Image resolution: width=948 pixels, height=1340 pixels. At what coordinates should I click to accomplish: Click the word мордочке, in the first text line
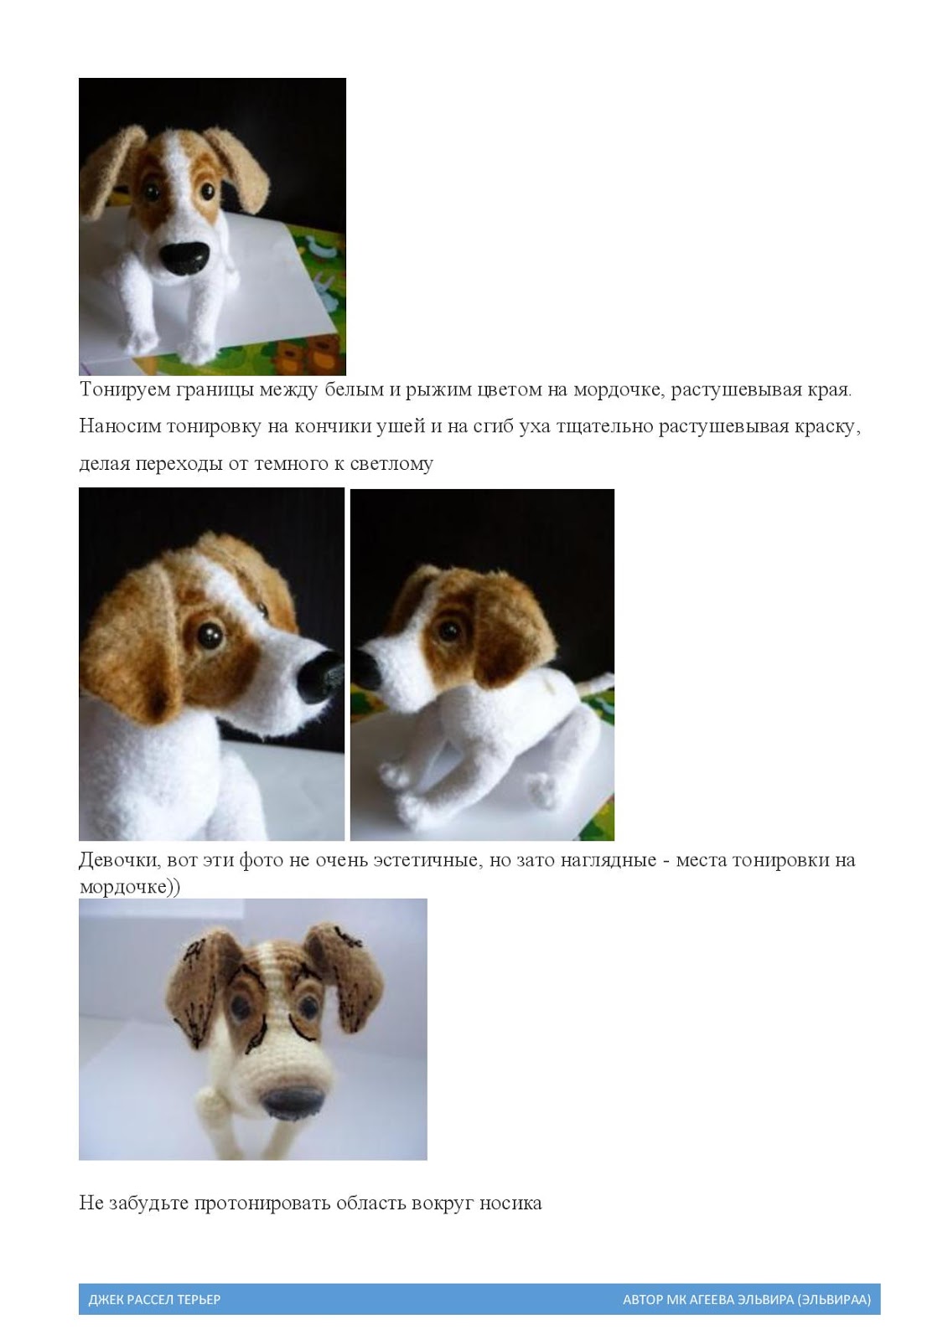[618, 390]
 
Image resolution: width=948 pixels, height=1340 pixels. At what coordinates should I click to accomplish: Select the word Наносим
[118, 426]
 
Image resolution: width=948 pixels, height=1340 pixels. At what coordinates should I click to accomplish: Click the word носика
[510, 1203]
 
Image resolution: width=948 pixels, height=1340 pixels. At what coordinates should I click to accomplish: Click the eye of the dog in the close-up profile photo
[210, 634]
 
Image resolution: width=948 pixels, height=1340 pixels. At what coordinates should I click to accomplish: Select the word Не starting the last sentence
[91, 1203]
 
